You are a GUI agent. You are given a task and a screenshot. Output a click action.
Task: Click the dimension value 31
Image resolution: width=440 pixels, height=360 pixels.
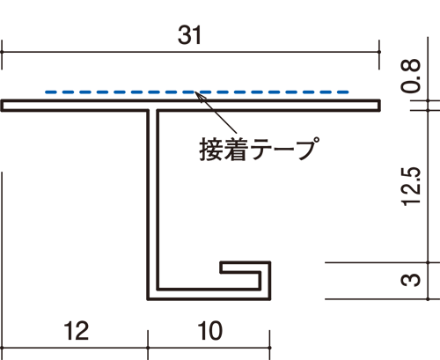(189, 35)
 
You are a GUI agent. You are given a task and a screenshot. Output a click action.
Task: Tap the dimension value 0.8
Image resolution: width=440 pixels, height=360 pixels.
(411, 76)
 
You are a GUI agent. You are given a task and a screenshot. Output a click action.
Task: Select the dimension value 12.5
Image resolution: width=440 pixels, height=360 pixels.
(411, 187)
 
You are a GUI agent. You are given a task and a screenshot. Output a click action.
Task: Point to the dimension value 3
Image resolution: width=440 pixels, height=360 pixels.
(411, 280)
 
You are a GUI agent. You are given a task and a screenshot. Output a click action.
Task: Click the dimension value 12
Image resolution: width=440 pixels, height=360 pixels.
(76, 331)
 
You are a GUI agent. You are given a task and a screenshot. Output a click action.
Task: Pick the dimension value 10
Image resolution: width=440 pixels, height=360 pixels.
(210, 331)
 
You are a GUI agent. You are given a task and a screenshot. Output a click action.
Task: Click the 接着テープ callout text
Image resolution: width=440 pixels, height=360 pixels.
(260, 149)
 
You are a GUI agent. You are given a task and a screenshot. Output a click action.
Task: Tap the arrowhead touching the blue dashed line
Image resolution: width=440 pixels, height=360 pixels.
(198, 94)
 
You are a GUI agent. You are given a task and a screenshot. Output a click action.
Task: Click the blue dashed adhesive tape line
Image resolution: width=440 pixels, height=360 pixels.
(197, 92)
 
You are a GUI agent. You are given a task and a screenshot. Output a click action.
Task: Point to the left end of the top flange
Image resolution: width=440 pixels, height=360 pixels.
(2, 106)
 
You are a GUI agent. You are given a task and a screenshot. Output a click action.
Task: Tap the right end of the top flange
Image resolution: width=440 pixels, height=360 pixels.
(379, 106)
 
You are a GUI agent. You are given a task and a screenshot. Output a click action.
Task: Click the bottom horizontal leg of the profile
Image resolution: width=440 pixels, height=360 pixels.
(209, 295)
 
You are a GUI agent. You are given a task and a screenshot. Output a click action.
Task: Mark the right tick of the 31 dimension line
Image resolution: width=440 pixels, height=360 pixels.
(379, 52)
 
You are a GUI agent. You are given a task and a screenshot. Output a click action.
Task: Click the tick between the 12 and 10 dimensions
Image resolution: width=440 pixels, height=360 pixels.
(148, 348)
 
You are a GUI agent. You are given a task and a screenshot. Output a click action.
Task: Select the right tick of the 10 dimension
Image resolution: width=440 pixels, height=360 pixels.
(269, 348)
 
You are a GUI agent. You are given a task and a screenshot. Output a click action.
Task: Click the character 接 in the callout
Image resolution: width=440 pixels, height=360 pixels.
(211, 149)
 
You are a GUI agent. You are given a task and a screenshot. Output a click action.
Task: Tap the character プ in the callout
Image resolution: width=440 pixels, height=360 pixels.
(308, 148)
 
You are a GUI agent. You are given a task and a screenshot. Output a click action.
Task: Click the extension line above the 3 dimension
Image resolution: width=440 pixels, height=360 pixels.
(376, 263)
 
